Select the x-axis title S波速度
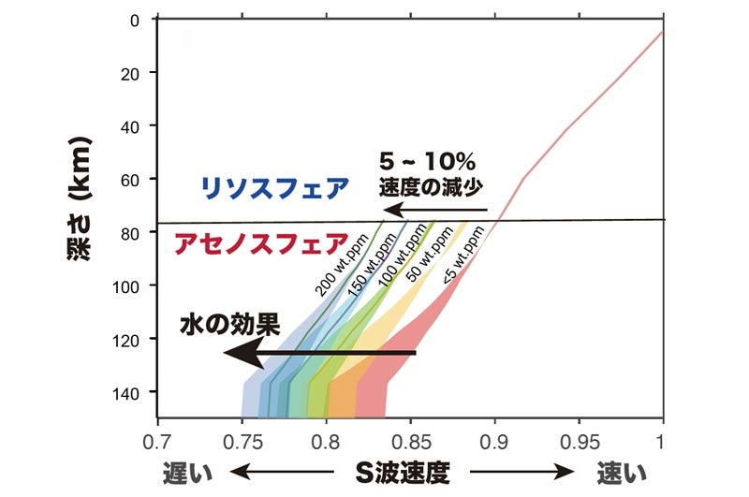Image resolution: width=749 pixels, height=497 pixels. point(402,471)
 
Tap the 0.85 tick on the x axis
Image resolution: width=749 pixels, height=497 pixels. point(410,438)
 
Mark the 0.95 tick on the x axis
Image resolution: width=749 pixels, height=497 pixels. point(579,438)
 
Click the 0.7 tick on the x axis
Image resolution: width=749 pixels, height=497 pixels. point(157,438)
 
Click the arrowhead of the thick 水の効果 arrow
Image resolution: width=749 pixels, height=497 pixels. point(236,354)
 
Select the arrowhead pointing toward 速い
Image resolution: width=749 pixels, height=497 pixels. point(569,471)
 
